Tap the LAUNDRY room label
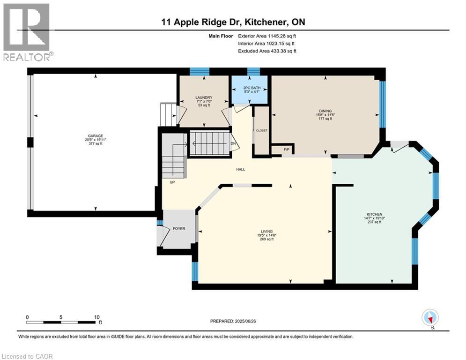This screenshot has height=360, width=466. coord(204,97)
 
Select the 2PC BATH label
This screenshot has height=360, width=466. coord(250,88)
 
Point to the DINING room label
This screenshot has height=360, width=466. coord(324,111)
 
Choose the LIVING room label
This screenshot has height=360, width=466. coord(267,231)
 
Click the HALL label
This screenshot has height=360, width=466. coord(241,170)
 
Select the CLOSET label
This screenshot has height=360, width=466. coord(261,130)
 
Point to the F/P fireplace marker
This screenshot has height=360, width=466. coord(287,149)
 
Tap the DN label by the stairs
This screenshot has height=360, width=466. coord(233,144)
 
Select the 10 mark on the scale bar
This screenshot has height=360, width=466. coord(96,317)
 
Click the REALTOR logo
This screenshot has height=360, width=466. coord(28,32)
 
